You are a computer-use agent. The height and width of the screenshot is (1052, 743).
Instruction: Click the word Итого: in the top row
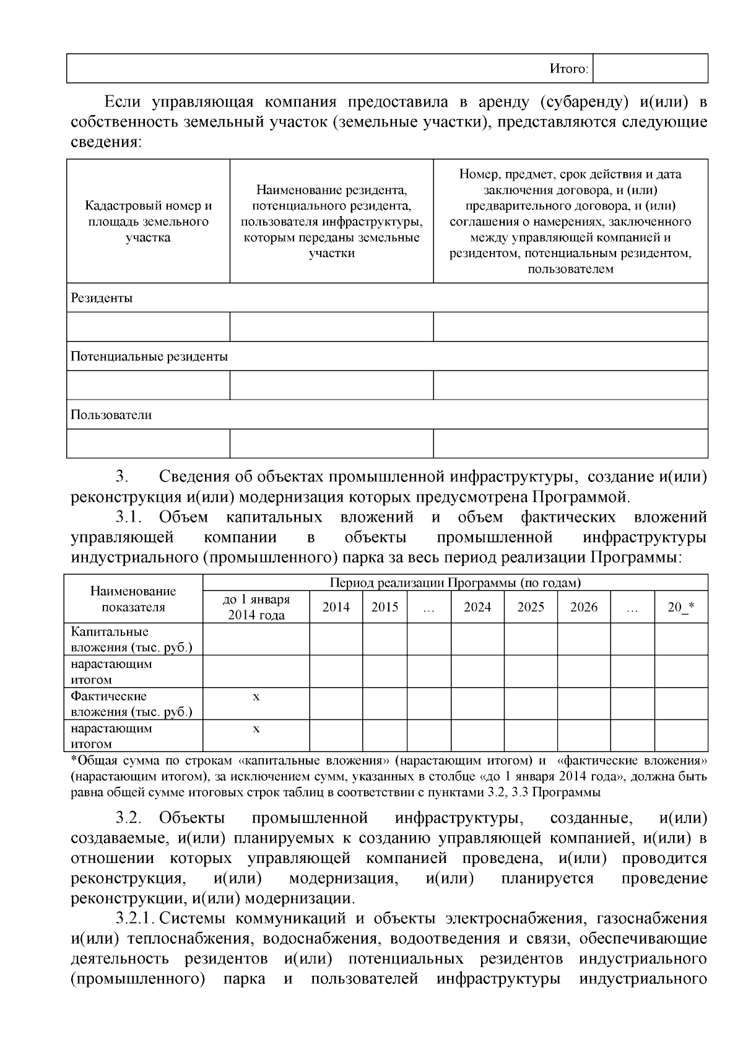568,69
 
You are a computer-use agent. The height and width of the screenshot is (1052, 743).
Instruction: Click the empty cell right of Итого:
650,69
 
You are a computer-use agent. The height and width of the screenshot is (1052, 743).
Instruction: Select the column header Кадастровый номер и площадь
148,221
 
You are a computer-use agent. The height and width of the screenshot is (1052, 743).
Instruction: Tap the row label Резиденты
102,298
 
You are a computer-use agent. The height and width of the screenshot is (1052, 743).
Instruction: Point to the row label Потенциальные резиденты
149,356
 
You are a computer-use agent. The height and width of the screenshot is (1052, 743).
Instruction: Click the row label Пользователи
111,414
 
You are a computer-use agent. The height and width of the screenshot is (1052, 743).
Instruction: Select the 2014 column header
336,607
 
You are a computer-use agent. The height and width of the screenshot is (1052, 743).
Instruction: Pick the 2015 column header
385,607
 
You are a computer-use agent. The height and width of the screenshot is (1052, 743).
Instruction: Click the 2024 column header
477,607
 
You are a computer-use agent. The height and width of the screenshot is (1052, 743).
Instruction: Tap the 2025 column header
531,607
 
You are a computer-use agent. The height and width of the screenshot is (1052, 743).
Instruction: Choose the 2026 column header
584,607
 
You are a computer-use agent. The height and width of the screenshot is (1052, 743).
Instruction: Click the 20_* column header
680,607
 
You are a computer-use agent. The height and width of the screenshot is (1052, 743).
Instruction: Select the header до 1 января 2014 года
256,607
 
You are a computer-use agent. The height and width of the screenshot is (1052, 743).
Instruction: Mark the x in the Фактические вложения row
256,697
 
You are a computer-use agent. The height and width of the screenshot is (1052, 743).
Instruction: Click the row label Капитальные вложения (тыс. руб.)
131,639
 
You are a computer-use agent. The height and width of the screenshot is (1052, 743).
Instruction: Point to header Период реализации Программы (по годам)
455,583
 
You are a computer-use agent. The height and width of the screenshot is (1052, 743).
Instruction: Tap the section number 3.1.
129,517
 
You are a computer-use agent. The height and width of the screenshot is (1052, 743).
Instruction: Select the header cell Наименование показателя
133,599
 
